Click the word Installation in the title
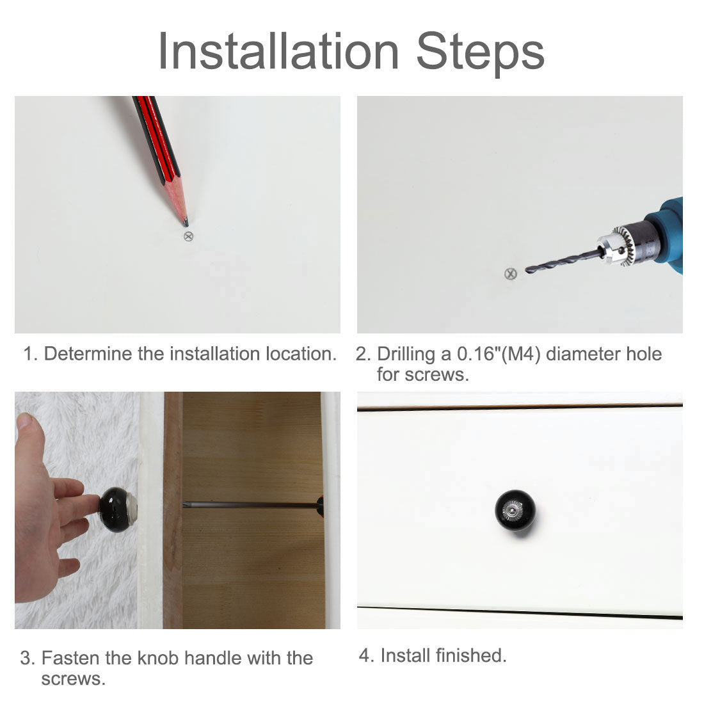[278, 51]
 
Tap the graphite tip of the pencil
[186, 222]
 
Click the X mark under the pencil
[189, 236]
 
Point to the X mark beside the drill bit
[511, 274]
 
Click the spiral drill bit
[563, 262]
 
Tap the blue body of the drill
[668, 234]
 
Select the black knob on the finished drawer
[515, 511]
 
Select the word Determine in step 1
[88, 354]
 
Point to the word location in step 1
[301, 354]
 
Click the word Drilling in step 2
[406, 355]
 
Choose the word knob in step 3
[158, 658]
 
